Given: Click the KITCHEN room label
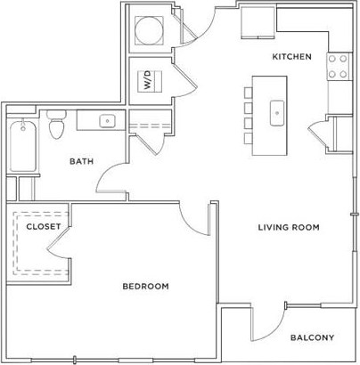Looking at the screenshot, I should pyautogui.click(x=292, y=57).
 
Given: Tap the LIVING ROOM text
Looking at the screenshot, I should pyautogui.click(x=289, y=227).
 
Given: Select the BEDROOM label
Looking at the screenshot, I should pyautogui.click(x=145, y=286).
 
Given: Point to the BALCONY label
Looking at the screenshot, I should pyautogui.click(x=311, y=337).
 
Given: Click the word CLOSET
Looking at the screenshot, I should pyautogui.click(x=43, y=227).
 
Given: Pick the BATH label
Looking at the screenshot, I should pyautogui.click(x=84, y=161).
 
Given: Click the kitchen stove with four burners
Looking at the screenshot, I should pyautogui.click(x=339, y=65).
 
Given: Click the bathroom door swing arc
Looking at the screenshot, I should pyautogui.click(x=111, y=182).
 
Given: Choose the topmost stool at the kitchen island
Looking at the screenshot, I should pyautogui.click(x=248, y=93).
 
